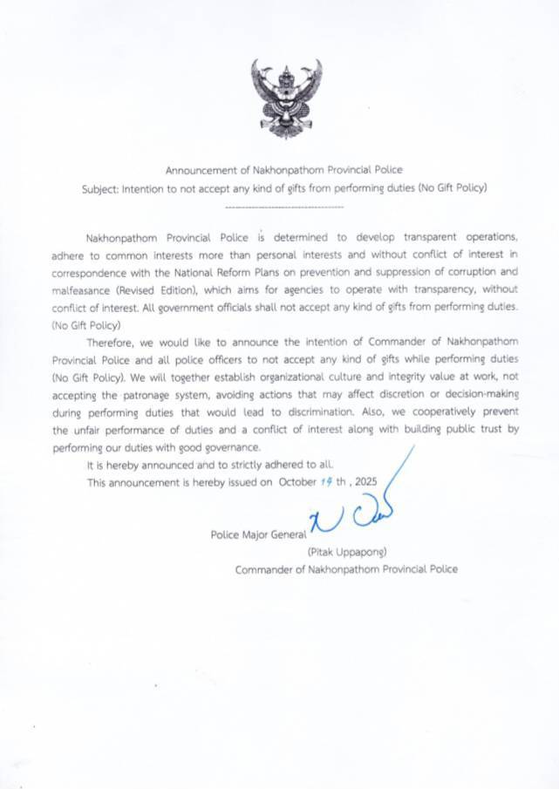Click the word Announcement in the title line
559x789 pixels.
pos(197,170)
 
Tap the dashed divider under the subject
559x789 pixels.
pos(284,207)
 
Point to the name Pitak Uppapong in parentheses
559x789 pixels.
pos(346,552)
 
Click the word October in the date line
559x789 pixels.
pos(299,482)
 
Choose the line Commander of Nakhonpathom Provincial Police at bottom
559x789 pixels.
pos(345,569)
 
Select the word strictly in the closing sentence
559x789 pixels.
pos(241,465)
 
